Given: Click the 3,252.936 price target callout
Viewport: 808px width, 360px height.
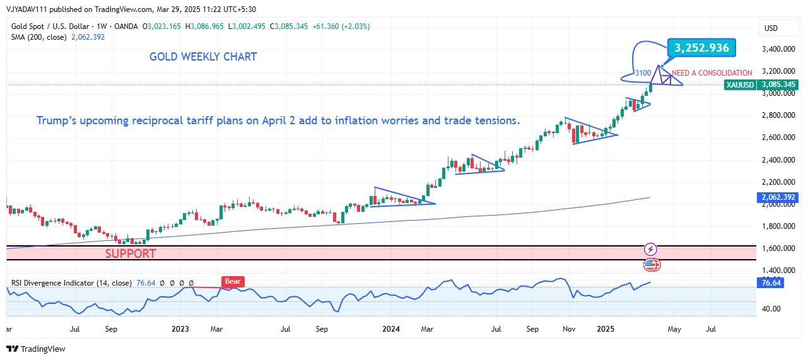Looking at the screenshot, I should tap(701, 48).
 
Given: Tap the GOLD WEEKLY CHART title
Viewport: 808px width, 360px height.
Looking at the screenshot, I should tap(203, 57).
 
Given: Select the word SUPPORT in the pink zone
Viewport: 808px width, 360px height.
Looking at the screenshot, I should tap(131, 253).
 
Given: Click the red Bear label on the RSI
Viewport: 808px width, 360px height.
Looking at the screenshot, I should tap(233, 282).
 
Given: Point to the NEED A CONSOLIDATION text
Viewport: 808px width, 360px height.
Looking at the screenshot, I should tap(712, 73).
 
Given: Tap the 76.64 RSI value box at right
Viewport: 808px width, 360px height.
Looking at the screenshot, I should tap(771, 284).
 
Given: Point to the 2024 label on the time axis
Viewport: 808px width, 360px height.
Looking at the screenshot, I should tap(391, 328).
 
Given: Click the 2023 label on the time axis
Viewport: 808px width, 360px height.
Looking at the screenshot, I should tap(180, 328).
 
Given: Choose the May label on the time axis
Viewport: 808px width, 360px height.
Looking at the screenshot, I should tap(674, 328).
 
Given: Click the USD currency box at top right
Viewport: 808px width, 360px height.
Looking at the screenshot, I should tap(771, 28).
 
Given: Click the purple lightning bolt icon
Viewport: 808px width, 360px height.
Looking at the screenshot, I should tap(651, 249).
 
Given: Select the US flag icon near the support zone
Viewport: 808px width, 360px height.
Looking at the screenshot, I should tap(651, 265).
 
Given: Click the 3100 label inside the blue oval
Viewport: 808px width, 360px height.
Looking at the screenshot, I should tap(643, 73).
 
